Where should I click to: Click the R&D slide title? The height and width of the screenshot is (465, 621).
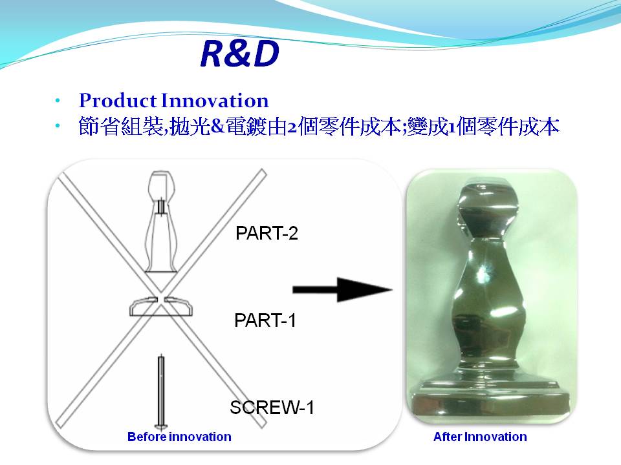coord(239,54)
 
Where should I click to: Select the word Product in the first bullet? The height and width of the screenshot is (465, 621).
coord(118,101)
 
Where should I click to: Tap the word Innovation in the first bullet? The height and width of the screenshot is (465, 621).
coord(215,101)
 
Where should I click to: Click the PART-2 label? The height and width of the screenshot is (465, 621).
coord(267,233)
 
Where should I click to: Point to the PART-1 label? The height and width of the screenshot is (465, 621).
coord(265,320)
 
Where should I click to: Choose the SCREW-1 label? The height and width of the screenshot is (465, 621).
coord(272,408)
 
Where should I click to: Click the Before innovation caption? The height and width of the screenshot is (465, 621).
coord(179,437)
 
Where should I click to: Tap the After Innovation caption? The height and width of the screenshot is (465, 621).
coord(480,437)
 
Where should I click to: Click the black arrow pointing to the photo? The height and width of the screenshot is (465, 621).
coord(342,290)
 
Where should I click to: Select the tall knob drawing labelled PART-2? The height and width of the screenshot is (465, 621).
coord(161,222)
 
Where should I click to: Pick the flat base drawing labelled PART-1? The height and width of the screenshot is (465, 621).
coord(161,306)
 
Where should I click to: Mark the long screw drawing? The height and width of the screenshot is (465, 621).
coord(161,392)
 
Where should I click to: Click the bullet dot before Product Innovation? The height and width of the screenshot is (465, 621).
coord(58,101)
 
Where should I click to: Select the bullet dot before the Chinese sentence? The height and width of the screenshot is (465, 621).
coord(58,127)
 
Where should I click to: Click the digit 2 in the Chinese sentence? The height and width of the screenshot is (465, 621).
coord(292,128)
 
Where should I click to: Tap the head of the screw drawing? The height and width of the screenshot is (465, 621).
coord(161,427)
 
